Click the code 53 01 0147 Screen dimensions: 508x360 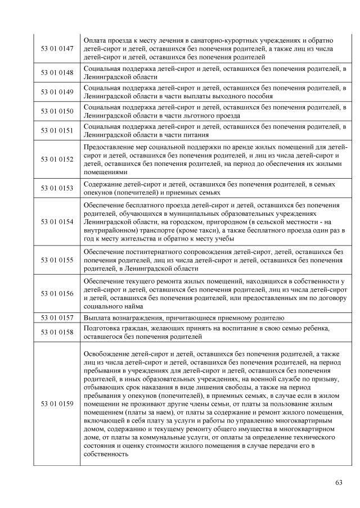pos(57,49)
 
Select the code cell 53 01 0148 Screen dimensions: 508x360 pos(57,72)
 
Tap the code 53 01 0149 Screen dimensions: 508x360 pos(57,92)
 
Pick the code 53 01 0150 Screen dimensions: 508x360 pos(57,111)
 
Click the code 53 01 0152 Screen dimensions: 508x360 pos(57,160)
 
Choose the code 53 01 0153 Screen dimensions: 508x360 pos(57,188)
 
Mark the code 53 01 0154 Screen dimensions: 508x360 pos(57,222)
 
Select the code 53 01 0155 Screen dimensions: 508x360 pos(57,261)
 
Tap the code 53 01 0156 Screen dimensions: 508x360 pos(57,293)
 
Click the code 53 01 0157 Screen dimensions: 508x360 pos(57,317)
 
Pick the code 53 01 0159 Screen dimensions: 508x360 pos(57,405)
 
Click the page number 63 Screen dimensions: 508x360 pos(338,483)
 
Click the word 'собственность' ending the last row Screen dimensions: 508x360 pos(106,456)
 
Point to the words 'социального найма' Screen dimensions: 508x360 pos(113,307)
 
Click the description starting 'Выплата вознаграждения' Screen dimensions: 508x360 pos(184,317)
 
